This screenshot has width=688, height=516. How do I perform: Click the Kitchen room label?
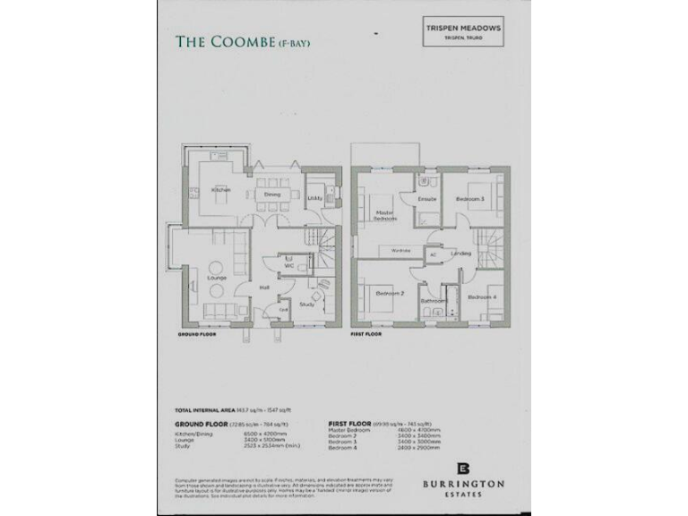tap(220, 190)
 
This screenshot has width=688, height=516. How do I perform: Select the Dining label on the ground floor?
tap(272, 194)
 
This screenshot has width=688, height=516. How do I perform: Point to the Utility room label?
tap(314, 198)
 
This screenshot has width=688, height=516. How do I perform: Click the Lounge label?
tap(215, 278)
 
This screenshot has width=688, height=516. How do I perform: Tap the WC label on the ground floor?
tap(288, 266)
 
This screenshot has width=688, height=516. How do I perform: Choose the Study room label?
tap(306, 305)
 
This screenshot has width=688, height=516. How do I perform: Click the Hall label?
tap(264, 287)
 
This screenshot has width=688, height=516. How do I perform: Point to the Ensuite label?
tap(427, 199)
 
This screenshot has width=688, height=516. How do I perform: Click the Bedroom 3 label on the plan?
tap(469, 198)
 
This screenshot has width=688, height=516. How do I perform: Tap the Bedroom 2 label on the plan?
tap(390, 294)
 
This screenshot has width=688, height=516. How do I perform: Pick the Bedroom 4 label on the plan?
tap(480, 297)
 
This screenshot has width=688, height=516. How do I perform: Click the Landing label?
tap(462, 254)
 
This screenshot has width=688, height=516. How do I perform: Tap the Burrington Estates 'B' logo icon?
tap(463, 469)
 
